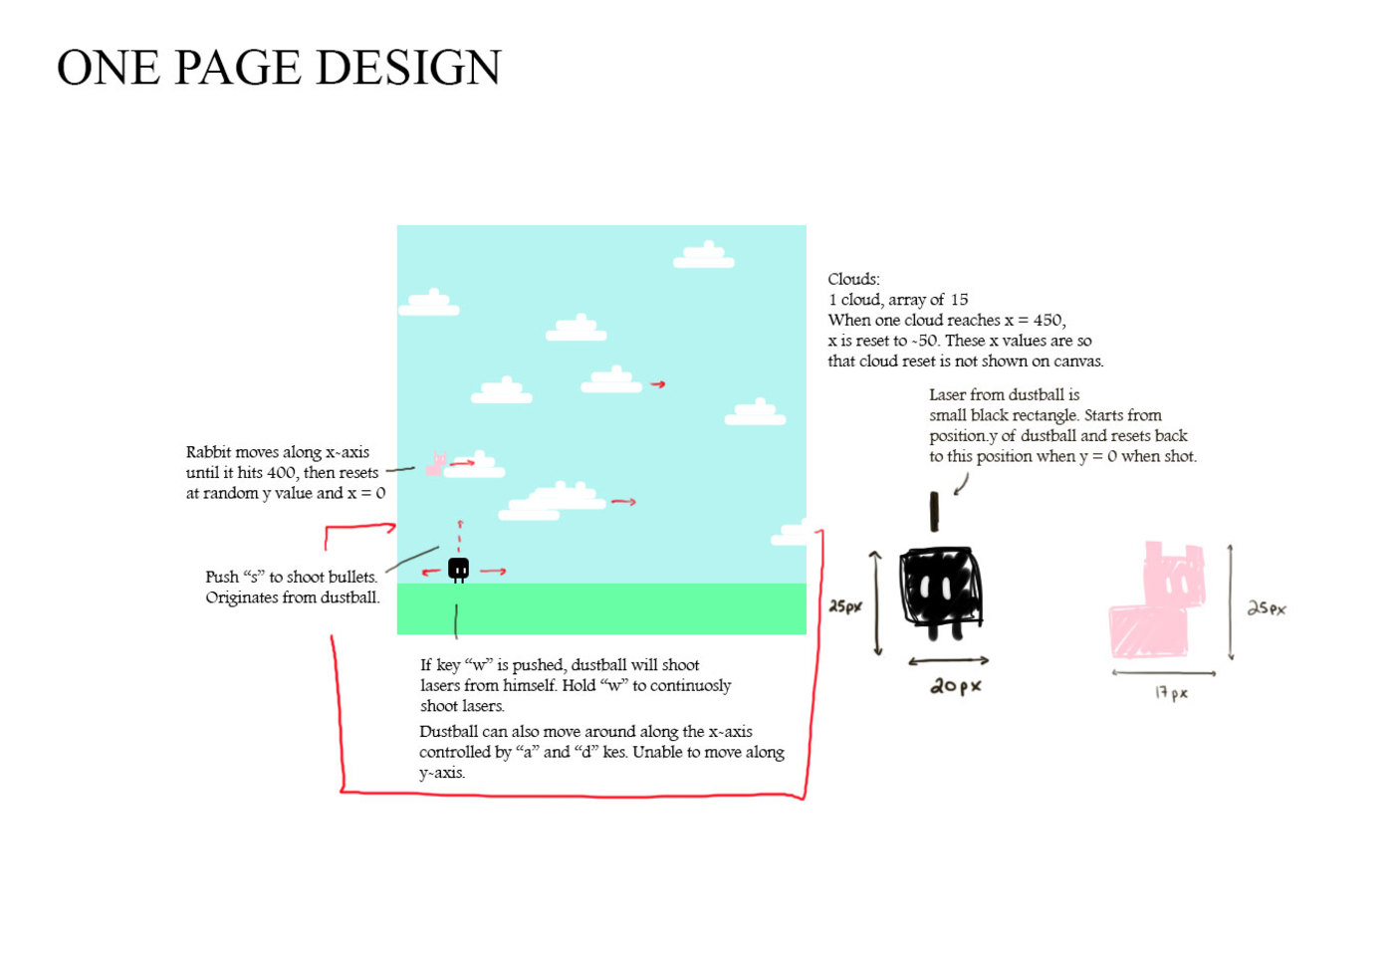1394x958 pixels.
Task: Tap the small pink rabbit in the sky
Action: coord(435,464)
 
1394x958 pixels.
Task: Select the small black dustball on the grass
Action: coord(458,569)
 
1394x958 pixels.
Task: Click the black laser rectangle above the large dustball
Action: coord(934,511)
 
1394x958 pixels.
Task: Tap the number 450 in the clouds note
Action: coord(1047,320)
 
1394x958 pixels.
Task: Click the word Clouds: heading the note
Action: coord(853,279)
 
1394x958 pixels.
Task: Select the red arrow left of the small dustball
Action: coord(431,572)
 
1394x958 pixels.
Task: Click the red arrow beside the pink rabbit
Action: coord(462,463)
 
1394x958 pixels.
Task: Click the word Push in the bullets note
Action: coord(222,577)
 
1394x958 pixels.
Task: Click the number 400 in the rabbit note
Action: coord(282,473)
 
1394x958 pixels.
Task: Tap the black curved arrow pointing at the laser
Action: coord(961,484)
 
